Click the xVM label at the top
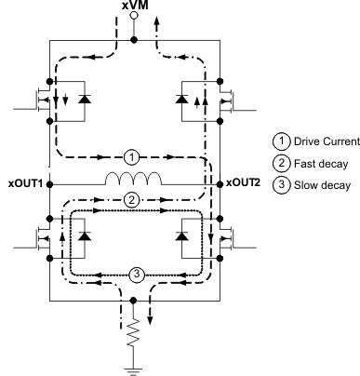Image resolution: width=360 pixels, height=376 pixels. click(x=133, y=7)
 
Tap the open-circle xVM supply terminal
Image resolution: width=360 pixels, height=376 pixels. click(x=133, y=18)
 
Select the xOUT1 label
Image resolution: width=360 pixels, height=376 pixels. click(x=22, y=180)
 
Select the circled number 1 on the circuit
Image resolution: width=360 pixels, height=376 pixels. click(x=133, y=155)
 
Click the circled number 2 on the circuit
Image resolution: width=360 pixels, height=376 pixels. click(x=133, y=199)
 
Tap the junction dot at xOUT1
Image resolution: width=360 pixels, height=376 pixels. click(x=47, y=180)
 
